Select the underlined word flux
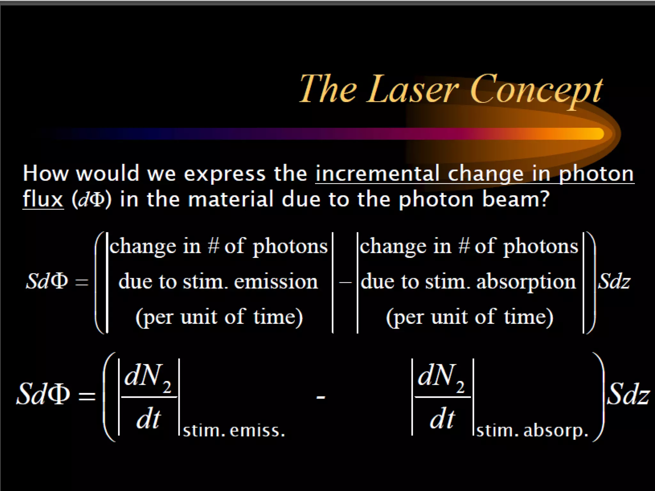(43, 199)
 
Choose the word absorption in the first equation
(526, 282)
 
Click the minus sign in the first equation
(345, 282)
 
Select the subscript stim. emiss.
(234, 431)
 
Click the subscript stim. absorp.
(532, 431)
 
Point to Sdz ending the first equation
(614, 282)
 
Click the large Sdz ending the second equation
(627, 394)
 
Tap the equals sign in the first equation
(81, 282)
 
